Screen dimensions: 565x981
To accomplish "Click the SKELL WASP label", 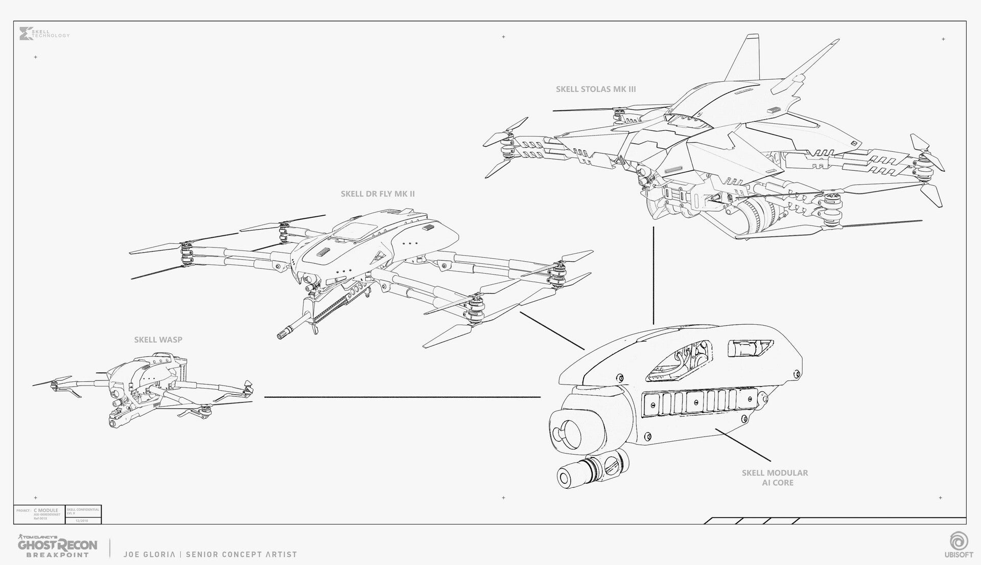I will [x=158, y=340].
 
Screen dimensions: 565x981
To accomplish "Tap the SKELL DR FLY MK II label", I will [x=378, y=194].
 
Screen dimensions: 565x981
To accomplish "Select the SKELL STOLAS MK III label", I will [x=596, y=89].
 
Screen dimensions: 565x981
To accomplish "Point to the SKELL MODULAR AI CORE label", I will [x=775, y=478].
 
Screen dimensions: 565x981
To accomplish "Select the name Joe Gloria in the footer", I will [x=151, y=554].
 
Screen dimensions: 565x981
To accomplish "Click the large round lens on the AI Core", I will [x=566, y=432].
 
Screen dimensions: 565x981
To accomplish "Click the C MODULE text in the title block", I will [x=46, y=510].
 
